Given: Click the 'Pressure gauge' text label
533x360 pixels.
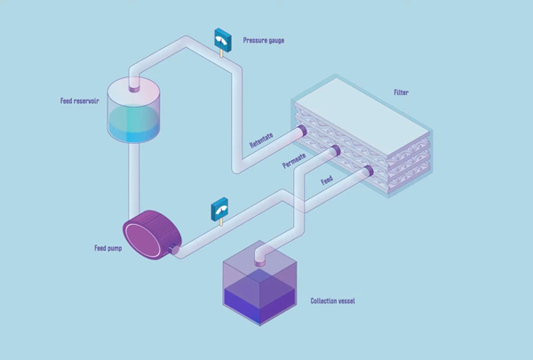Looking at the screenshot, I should pyautogui.click(x=264, y=41).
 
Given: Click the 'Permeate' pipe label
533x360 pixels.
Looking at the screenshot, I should pyautogui.click(x=294, y=161).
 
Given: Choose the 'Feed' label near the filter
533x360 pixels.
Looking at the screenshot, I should pyautogui.click(x=328, y=180).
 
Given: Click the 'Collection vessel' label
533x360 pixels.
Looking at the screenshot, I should pyautogui.click(x=333, y=300).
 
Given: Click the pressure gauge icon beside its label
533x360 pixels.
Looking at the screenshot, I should pyautogui.click(x=222, y=39).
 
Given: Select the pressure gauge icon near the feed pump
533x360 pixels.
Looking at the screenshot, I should pyautogui.click(x=219, y=210).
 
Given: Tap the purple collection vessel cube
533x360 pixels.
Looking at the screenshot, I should pyautogui.click(x=259, y=288).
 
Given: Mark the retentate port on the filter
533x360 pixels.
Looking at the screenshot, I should pyautogui.click(x=303, y=131).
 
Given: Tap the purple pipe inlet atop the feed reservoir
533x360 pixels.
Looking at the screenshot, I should pyautogui.click(x=135, y=86).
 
